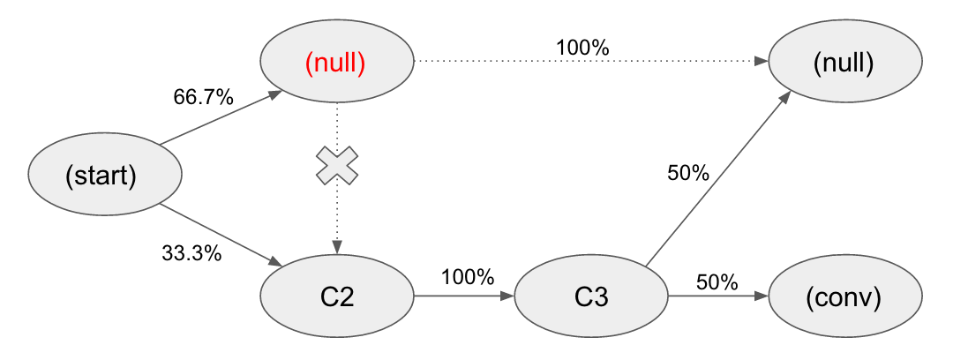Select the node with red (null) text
click(x=336, y=64)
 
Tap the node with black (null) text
click(x=845, y=64)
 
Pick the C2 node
click(x=336, y=296)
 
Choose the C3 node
click(x=590, y=296)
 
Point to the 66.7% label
click(x=203, y=98)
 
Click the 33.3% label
click(x=191, y=254)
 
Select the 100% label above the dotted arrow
click(x=582, y=48)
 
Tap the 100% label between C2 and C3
click(x=467, y=277)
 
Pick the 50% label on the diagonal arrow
click(x=687, y=174)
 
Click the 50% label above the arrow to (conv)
click(x=717, y=282)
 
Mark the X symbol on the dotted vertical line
click(x=337, y=166)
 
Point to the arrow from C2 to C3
click(x=463, y=297)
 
